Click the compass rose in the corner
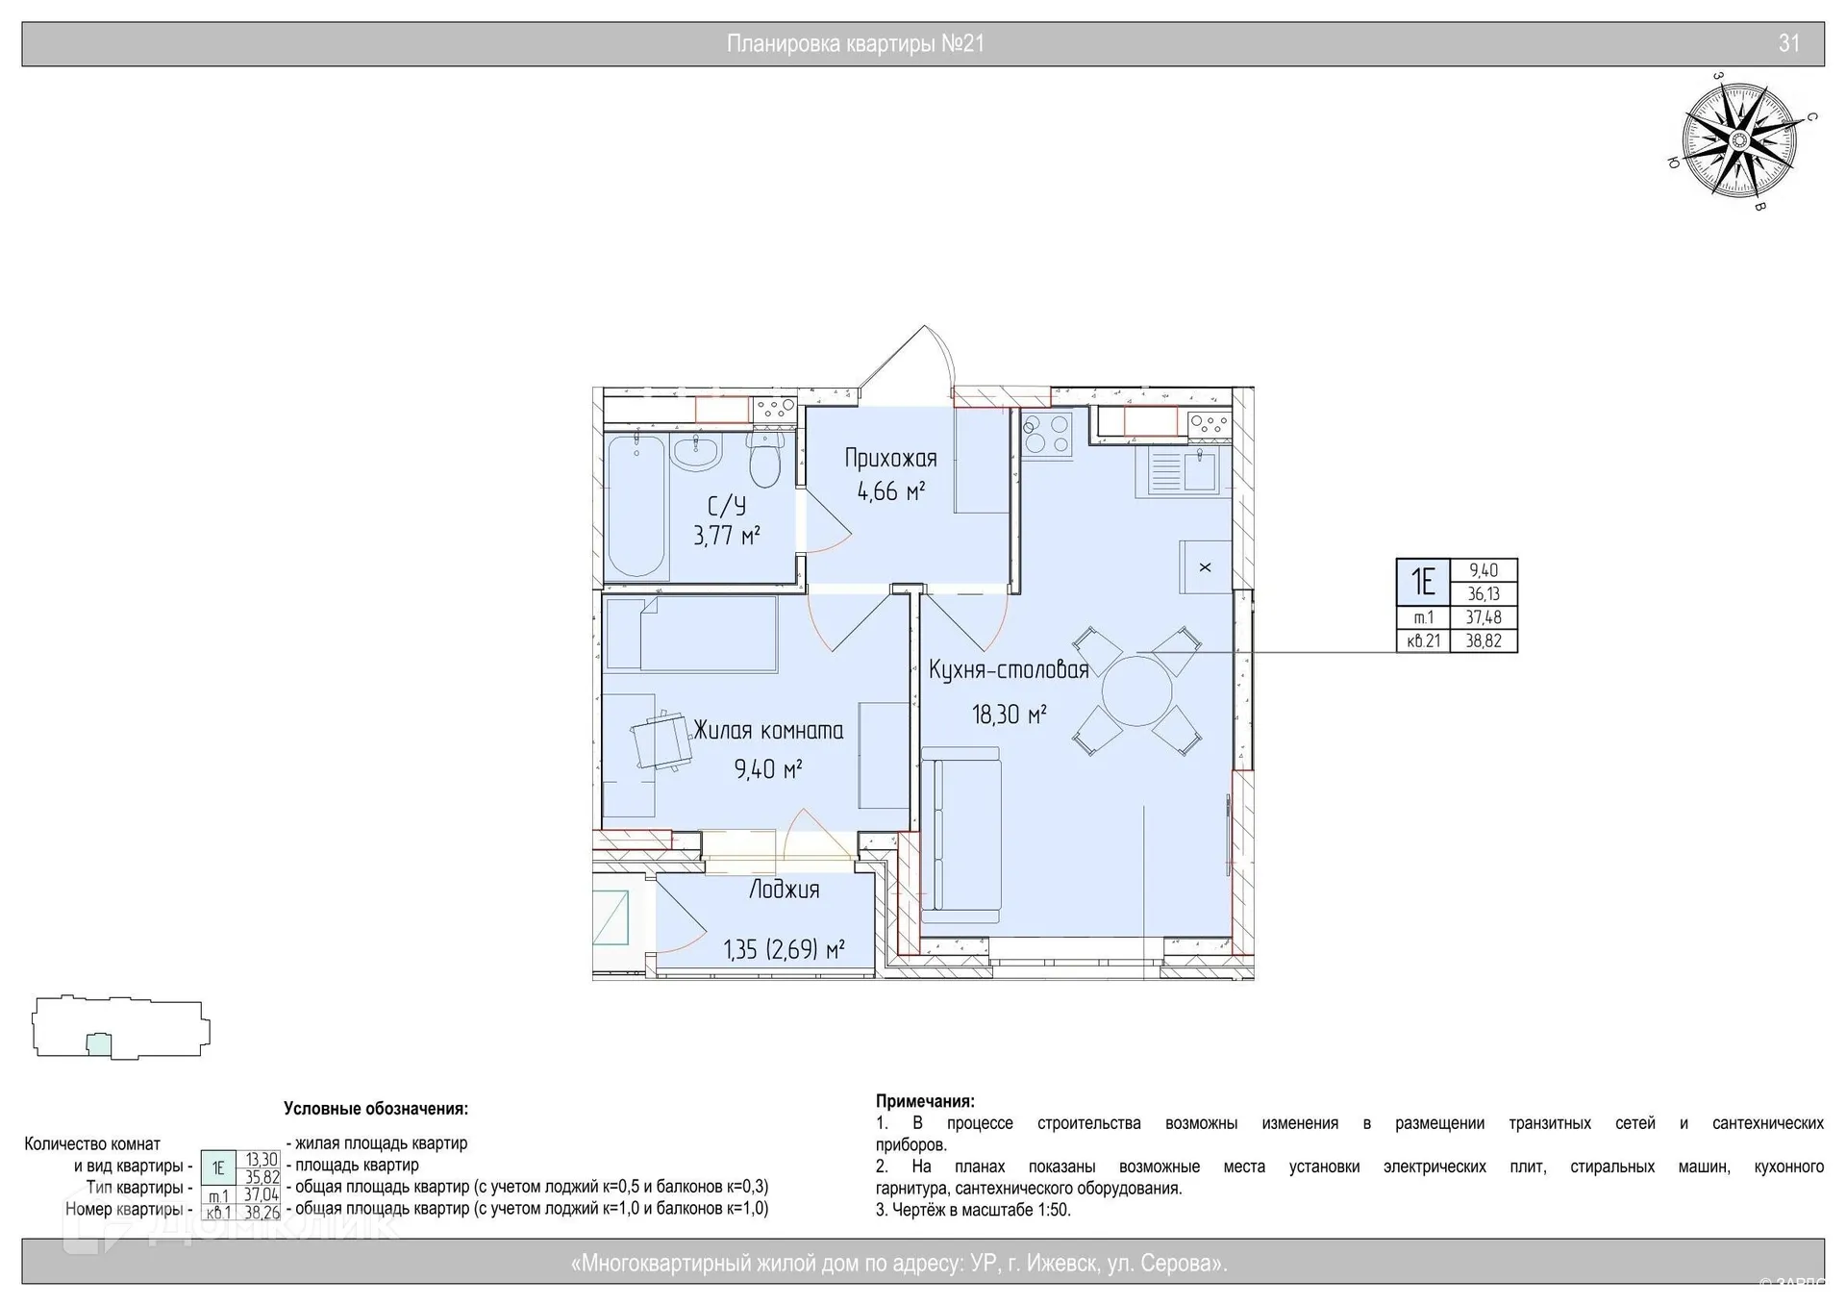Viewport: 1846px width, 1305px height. tap(1739, 141)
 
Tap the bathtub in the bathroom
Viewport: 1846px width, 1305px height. tap(636, 506)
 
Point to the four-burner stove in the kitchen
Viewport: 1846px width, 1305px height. tap(1046, 434)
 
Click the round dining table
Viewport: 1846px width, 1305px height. tap(1136, 690)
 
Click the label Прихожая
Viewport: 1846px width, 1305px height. tap(890, 458)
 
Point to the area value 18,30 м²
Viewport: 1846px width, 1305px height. tap(1009, 715)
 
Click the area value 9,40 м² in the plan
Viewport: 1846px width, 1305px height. tap(767, 768)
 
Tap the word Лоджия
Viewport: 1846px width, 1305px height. tap(784, 890)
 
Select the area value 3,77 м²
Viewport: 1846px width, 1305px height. tap(727, 535)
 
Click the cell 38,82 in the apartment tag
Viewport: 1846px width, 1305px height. tap(1484, 641)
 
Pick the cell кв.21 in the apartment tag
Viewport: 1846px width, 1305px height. tap(1423, 641)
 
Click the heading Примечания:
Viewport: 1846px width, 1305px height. tap(925, 1101)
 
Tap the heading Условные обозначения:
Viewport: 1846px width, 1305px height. tap(376, 1109)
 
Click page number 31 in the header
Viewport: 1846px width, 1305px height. tap(1788, 43)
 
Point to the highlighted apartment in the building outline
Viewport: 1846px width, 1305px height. tap(98, 1043)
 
